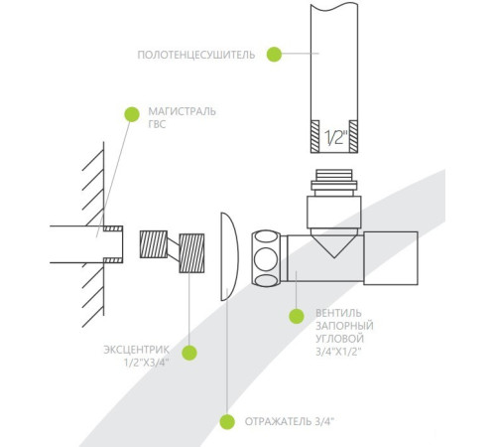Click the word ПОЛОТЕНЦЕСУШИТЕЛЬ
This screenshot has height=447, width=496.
pyautogui.click(x=196, y=55)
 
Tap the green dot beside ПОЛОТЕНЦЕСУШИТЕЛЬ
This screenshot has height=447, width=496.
pyautogui.click(x=274, y=54)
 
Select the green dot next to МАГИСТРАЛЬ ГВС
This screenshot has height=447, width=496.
pyautogui.click(x=132, y=114)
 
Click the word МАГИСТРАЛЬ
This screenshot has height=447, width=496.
pyautogui.click(x=182, y=111)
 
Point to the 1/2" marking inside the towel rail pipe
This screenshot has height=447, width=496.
pyautogui.click(x=335, y=137)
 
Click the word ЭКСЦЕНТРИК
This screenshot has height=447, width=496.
pyautogui.click(x=136, y=350)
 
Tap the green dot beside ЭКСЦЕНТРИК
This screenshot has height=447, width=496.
pyautogui.click(x=189, y=353)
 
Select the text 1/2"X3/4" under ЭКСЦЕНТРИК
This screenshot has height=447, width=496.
pyautogui.click(x=147, y=363)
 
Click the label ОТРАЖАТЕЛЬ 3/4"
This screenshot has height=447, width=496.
pyautogui.click(x=290, y=421)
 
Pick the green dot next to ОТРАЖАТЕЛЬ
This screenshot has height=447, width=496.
pyautogui.click(x=227, y=422)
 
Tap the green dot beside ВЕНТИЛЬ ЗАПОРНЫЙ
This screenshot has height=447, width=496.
pyautogui.click(x=297, y=316)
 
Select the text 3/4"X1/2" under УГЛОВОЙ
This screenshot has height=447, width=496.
pyautogui.click(x=338, y=352)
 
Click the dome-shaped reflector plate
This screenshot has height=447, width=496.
pyautogui.click(x=229, y=256)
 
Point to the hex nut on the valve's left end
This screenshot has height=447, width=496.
pyautogui.click(x=266, y=258)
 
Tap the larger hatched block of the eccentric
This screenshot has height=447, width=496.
pyautogui.click(x=191, y=253)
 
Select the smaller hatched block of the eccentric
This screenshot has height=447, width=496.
pyautogui.click(x=154, y=244)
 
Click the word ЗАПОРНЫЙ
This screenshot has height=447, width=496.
pyautogui.click(x=344, y=326)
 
